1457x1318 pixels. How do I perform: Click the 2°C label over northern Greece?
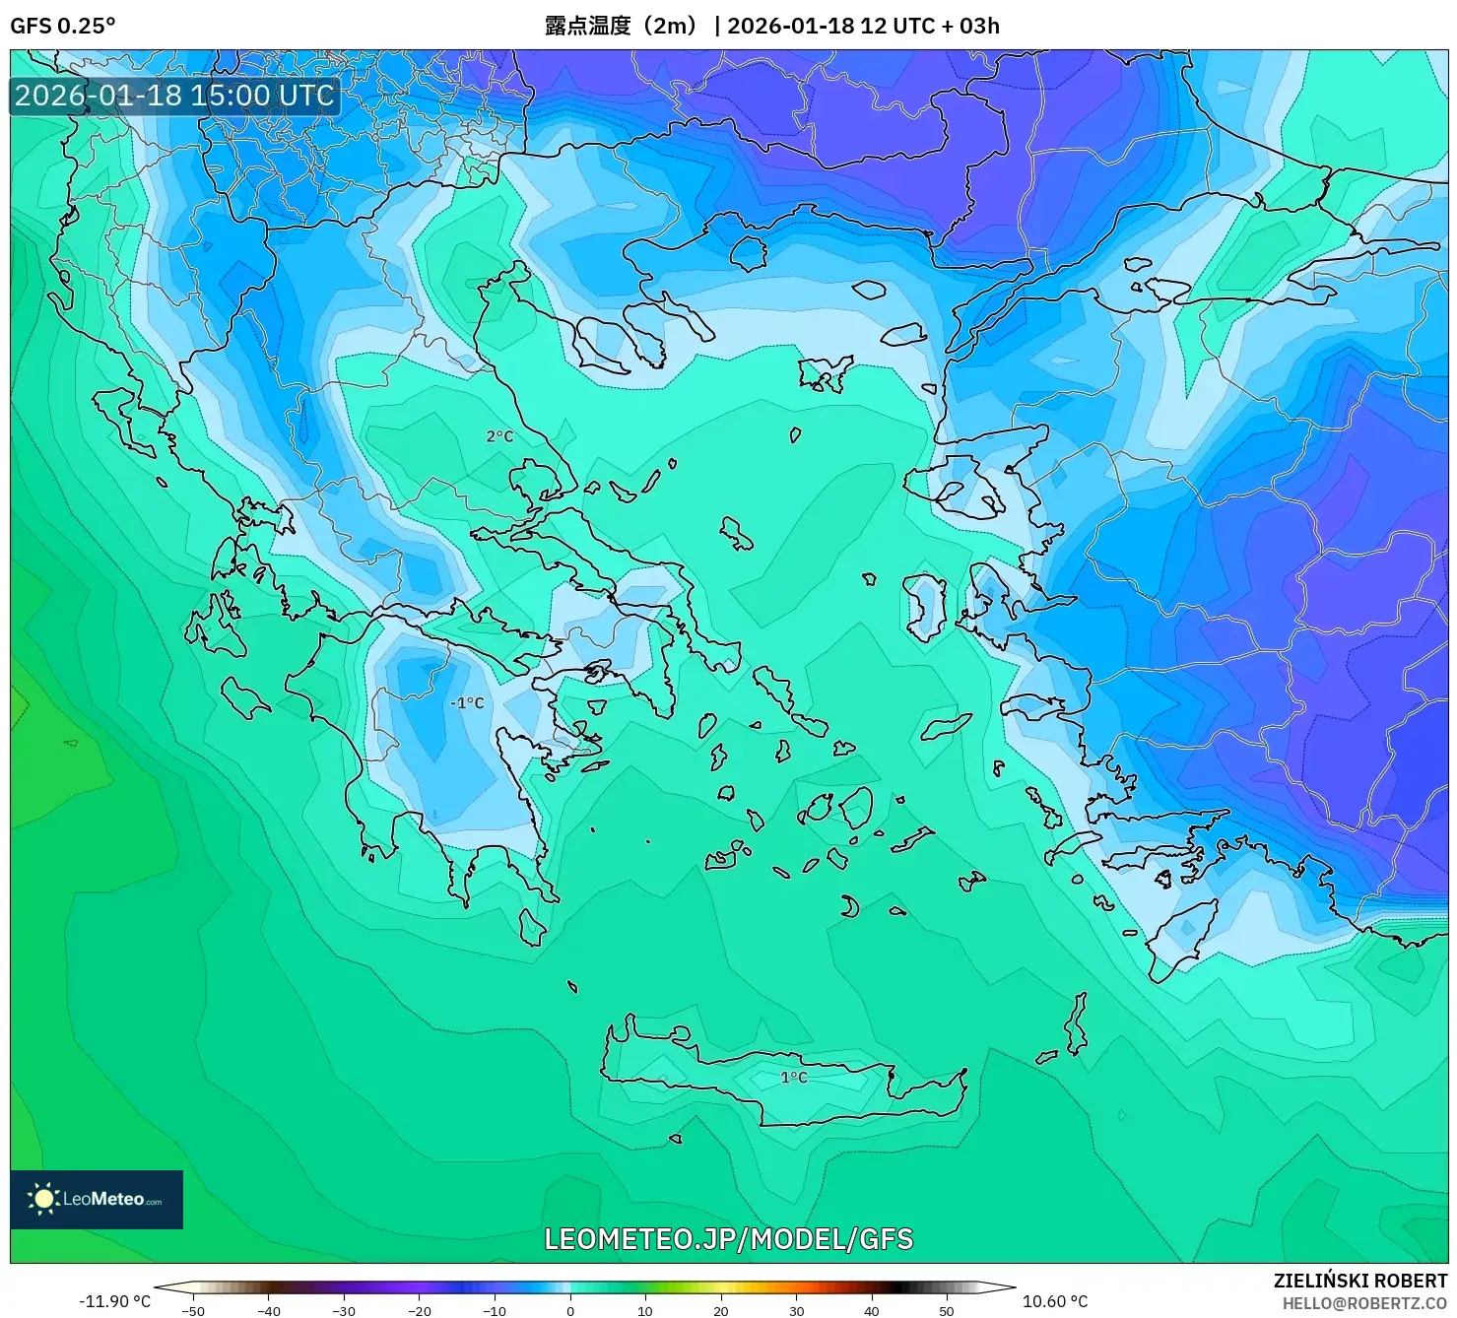point(499,436)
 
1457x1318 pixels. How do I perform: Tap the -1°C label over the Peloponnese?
point(467,703)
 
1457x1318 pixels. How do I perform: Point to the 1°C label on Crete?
point(794,1078)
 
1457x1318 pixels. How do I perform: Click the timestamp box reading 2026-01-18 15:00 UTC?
point(174,96)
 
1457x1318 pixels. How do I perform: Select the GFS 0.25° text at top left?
point(62,26)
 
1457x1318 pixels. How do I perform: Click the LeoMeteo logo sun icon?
point(43,1198)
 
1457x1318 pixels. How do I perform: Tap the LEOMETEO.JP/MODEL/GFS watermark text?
point(729,1238)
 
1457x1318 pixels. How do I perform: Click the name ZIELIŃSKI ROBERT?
point(1359,1282)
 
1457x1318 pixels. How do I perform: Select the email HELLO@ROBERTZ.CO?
point(1364,1303)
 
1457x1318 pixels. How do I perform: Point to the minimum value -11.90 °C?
point(114,1301)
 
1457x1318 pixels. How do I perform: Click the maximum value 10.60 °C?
point(1055,1301)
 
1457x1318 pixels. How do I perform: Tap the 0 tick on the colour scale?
point(570,1311)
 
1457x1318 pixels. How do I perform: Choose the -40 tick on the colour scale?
point(268,1311)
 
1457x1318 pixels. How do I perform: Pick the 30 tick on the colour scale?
point(796,1311)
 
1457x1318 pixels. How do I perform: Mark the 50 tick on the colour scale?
point(947,1311)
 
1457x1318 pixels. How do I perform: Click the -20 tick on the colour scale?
point(419,1311)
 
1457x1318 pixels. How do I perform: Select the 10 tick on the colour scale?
point(645,1311)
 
